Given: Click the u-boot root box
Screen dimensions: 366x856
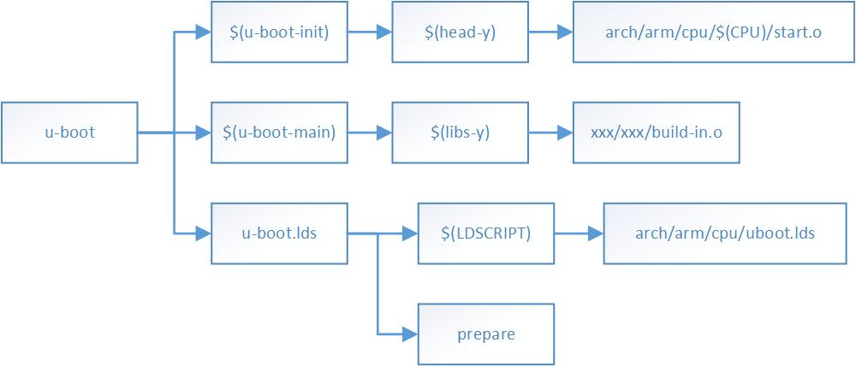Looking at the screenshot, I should pos(69,133).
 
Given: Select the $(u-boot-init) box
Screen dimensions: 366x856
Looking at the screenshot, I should pos(280,32).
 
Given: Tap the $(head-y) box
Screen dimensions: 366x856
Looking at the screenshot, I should pos(461,32).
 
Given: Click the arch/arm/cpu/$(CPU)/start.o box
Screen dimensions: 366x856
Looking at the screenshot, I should pos(713,32).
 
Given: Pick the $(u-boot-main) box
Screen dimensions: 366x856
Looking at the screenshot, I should pos(280,133).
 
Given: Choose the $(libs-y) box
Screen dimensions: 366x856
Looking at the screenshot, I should pos(461,133).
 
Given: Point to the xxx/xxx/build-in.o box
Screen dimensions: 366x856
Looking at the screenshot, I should pos(657,133).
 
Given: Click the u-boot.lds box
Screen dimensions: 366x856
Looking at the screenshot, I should pos(280,233).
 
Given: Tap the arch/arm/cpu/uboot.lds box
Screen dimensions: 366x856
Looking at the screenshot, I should pos(724,233).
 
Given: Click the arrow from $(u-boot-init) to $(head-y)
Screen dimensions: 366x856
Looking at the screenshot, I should pos(370,32).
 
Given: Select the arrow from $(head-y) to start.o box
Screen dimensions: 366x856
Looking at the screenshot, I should pos(550,32).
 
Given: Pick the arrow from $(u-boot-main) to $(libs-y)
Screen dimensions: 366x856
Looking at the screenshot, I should pos(370,133).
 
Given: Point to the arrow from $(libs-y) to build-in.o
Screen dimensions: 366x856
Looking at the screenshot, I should pos(550,133).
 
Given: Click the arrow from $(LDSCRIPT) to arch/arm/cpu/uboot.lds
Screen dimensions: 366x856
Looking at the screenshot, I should pos(579,233).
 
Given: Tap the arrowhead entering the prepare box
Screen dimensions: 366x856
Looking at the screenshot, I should pos(410,333).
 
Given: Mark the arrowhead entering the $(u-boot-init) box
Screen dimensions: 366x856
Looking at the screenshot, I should pos(204,32).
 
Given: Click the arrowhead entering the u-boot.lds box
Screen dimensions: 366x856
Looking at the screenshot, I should pos(204,233).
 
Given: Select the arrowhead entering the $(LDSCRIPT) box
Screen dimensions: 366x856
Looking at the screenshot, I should pos(410,233).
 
